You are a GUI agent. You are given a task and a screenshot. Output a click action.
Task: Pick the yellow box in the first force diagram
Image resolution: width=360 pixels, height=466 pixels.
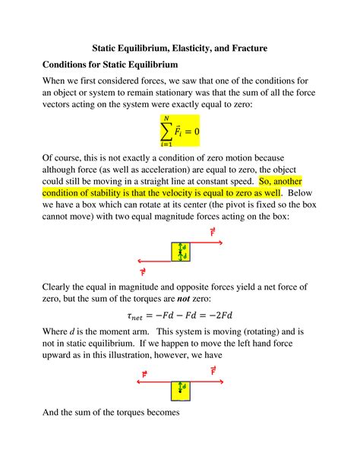pyautogui.click(x=181, y=252)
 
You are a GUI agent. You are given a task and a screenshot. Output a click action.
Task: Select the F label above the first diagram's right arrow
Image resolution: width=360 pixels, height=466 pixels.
pyautogui.click(x=213, y=231)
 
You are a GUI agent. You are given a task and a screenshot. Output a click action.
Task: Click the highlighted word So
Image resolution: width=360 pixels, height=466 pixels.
pyautogui.click(x=266, y=181)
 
